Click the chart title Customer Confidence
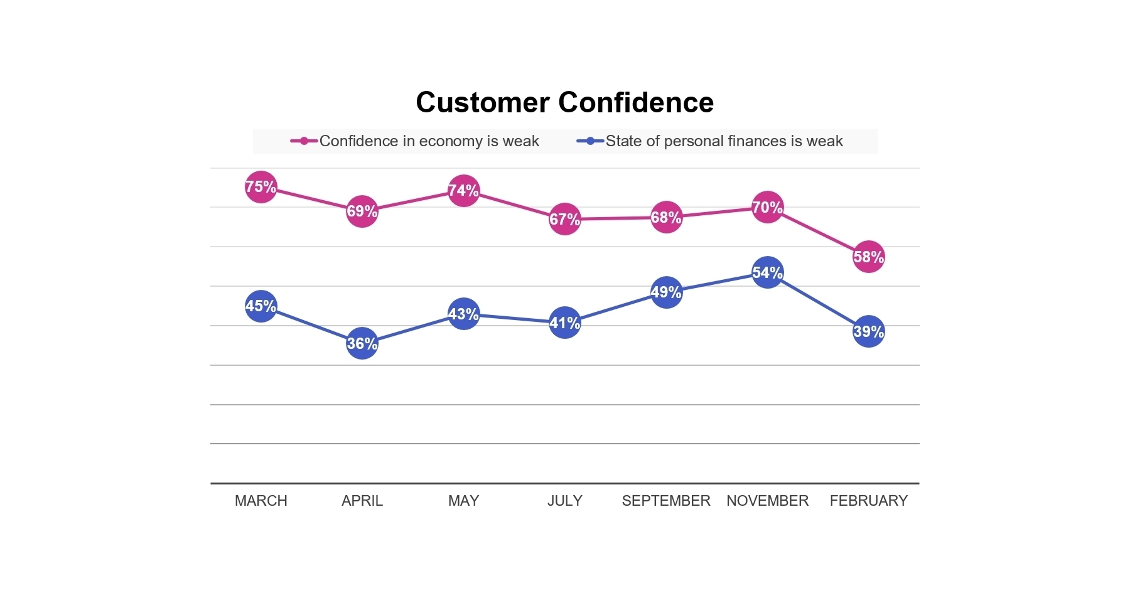[x=564, y=102]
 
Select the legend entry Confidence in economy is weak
[x=429, y=141]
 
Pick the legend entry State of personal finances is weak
[x=723, y=141]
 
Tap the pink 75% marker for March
[x=261, y=187]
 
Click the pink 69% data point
[x=362, y=211]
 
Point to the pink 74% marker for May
[x=463, y=191]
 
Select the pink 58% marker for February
[x=868, y=257]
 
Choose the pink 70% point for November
[x=767, y=207]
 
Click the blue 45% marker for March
[x=261, y=306]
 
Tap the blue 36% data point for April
[x=362, y=343]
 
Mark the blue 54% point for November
[x=767, y=272]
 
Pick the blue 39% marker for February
[x=868, y=331]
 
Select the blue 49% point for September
[x=666, y=292]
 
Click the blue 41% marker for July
[x=565, y=323]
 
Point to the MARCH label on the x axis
[x=261, y=501]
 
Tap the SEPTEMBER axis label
[x=666, y=501]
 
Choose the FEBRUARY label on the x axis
[x=868, y=501]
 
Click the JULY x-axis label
[x=565, y=501]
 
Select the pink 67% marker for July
[x=565, y=219]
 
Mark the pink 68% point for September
[x=666, y=217]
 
